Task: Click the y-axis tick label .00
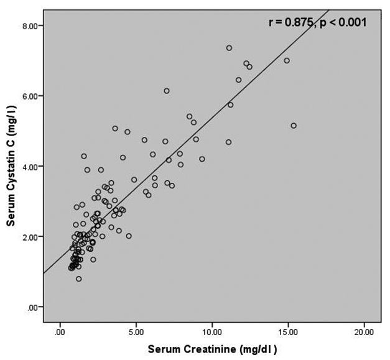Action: point(34,307)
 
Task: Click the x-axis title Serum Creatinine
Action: point(211,349)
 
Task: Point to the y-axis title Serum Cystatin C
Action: point(11,166)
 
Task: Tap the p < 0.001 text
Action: point(343,22)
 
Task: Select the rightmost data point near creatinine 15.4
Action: point(294,126)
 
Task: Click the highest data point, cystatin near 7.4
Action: point(229,48)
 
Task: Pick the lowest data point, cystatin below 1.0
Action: point(79,279)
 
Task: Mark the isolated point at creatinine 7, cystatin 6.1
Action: point(167,91)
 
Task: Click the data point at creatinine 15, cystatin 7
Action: point(287,60)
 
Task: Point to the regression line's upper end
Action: point(328,10)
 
